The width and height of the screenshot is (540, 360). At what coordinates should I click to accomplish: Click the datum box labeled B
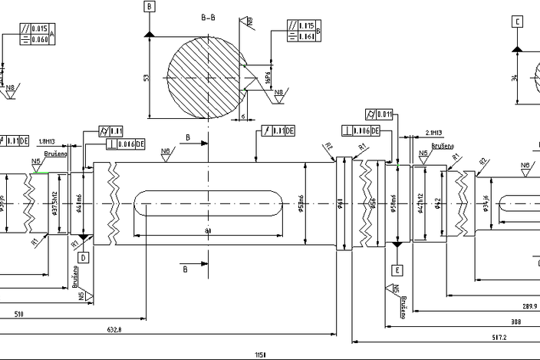pos(149,7)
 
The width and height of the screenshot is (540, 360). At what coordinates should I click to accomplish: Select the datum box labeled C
pos(518,22)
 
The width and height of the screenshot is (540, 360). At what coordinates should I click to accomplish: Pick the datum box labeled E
pos(397,270)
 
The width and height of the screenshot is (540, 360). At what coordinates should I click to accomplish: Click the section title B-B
pos(208,16)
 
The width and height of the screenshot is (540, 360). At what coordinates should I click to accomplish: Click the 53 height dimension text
pos(146,78)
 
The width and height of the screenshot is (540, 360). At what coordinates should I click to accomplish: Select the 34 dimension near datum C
pos(515,78)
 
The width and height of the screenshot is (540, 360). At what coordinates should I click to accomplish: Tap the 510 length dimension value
pos(18,314)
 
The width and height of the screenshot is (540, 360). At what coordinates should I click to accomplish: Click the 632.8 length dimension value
pos(114,329)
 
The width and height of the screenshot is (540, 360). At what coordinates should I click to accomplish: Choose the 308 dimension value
pos(515,322)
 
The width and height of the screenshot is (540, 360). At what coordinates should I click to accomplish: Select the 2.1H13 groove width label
pos(433,133)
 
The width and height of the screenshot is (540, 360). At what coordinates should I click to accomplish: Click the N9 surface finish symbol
pos(249,21)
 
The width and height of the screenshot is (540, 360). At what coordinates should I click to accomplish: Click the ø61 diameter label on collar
pos(341,203)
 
